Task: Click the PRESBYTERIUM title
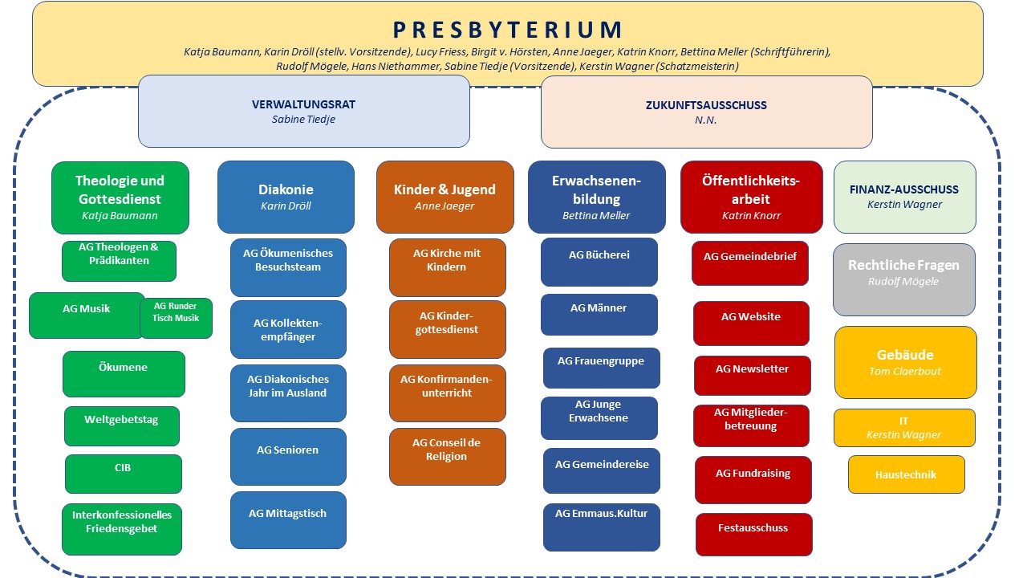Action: click(x=508, y=31)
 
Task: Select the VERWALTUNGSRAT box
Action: click(x=304, y=112)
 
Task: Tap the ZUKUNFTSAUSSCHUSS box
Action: click(x=707, y=112)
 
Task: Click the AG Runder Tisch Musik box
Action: click(x=176, y=319)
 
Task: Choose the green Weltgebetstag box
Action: click(x=121, y=426)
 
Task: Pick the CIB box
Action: click(x=124, y=474)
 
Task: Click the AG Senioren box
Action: click(x=288, y=457)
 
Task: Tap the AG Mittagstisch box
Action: click(x=288, y=520)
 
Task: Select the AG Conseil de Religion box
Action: click(x=448, y=457)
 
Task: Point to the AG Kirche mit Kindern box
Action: click(x=448, y=267)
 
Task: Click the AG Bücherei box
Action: click(x=599, y=262)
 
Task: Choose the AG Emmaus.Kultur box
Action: click(x=602, y=527)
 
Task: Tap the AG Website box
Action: click(x=751, y=324)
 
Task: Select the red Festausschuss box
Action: click(x=753, y=535)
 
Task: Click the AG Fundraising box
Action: click(x=753, y=480)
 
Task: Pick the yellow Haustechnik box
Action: click(x=907, y=474)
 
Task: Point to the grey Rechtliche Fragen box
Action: click(x=904, y=280)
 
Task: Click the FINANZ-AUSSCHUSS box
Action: click(x=905, y=197)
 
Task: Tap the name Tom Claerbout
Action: click(x=904, y=371)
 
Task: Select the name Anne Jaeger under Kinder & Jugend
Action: click(x=444, y=206)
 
